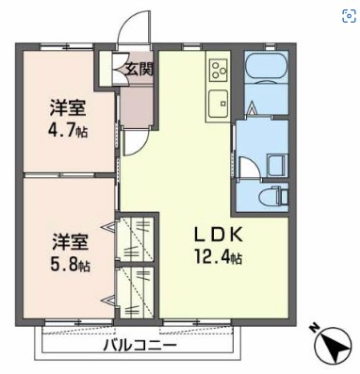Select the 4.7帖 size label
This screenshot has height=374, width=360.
(67, 131)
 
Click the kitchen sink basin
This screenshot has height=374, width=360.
(220, 102)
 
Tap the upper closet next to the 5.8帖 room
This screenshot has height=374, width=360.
(138, 239)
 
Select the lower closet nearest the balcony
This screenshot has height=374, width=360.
(138, 293)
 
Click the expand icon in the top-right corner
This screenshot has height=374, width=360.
(348, 13)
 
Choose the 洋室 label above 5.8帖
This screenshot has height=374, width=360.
(67, 241)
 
